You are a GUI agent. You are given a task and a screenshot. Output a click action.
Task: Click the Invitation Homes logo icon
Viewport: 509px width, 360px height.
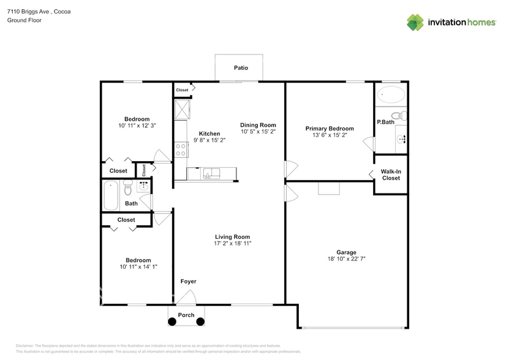pyautogui.click(x=416, y=23)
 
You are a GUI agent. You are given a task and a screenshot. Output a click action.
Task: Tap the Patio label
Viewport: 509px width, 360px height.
pyautogui.click(x=241, y=68)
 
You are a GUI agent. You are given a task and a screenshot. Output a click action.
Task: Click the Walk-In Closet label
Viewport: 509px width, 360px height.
pyautogui.click(x=390, y=175)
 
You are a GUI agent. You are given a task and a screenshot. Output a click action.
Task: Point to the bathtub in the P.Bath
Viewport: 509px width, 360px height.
pyautogui.click(x=391, y=95)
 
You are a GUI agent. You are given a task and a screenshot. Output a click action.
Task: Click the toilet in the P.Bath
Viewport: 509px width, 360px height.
pyautogui.click(x=399, y=115)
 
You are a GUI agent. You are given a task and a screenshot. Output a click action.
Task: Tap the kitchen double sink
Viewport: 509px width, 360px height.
pyautogui.click(x=213, y=174)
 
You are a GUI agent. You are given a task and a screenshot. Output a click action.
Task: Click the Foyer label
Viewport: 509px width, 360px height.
pyautogui.click(x=188, y=282)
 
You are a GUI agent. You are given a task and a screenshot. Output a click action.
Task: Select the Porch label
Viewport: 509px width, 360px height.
pyautogui.click(x=186, y=315)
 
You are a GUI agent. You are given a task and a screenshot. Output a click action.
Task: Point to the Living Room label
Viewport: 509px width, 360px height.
pyautogui.click(x=232, y=237)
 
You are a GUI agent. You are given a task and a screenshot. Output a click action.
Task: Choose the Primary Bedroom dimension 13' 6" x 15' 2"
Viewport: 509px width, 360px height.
pyautogui.click(x=330, y=135)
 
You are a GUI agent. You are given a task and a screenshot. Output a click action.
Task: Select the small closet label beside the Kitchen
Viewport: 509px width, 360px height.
pyautogui.click(x=183, y=90)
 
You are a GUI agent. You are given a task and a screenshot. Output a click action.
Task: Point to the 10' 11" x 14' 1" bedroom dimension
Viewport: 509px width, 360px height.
pyautogui.click(x=135, y=267)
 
